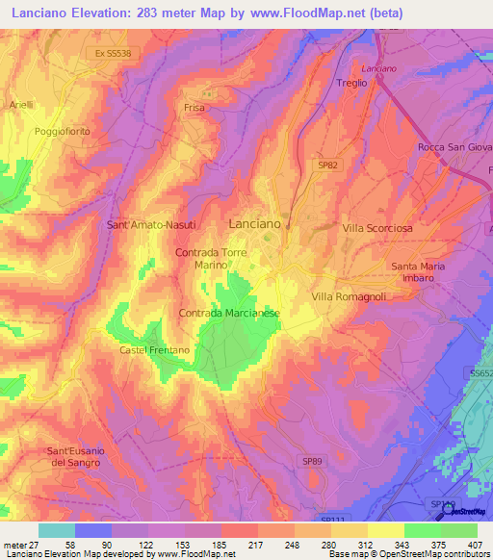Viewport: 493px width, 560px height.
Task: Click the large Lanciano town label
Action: point(255,223)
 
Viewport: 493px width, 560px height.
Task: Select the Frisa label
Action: point(195,109)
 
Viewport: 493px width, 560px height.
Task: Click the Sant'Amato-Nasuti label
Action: point(151,224)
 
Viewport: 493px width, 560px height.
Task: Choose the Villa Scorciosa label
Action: point(377,229)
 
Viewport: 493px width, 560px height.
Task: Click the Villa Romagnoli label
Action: point(349,297)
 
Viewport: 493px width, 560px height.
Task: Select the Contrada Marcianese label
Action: point(229,314)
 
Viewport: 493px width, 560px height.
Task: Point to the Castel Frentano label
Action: point(154,350)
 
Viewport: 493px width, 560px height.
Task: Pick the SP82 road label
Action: point(328,165)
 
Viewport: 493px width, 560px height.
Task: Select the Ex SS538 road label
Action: point(113,53)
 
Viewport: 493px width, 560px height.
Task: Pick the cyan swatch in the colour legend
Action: point(57,530)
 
